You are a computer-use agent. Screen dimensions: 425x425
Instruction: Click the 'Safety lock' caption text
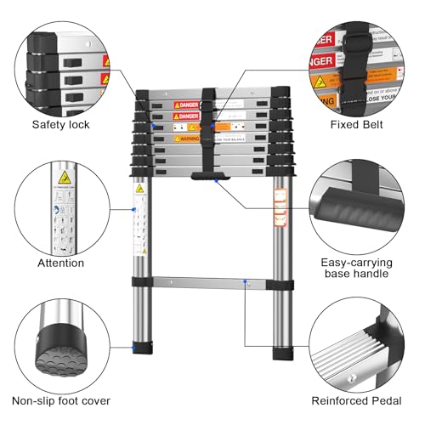point(60,126)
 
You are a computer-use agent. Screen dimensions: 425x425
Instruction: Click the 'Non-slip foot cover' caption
point(60,400)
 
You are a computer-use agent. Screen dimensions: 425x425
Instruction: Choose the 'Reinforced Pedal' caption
point(361,400)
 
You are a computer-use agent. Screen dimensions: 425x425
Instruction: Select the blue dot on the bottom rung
point(245,280)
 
